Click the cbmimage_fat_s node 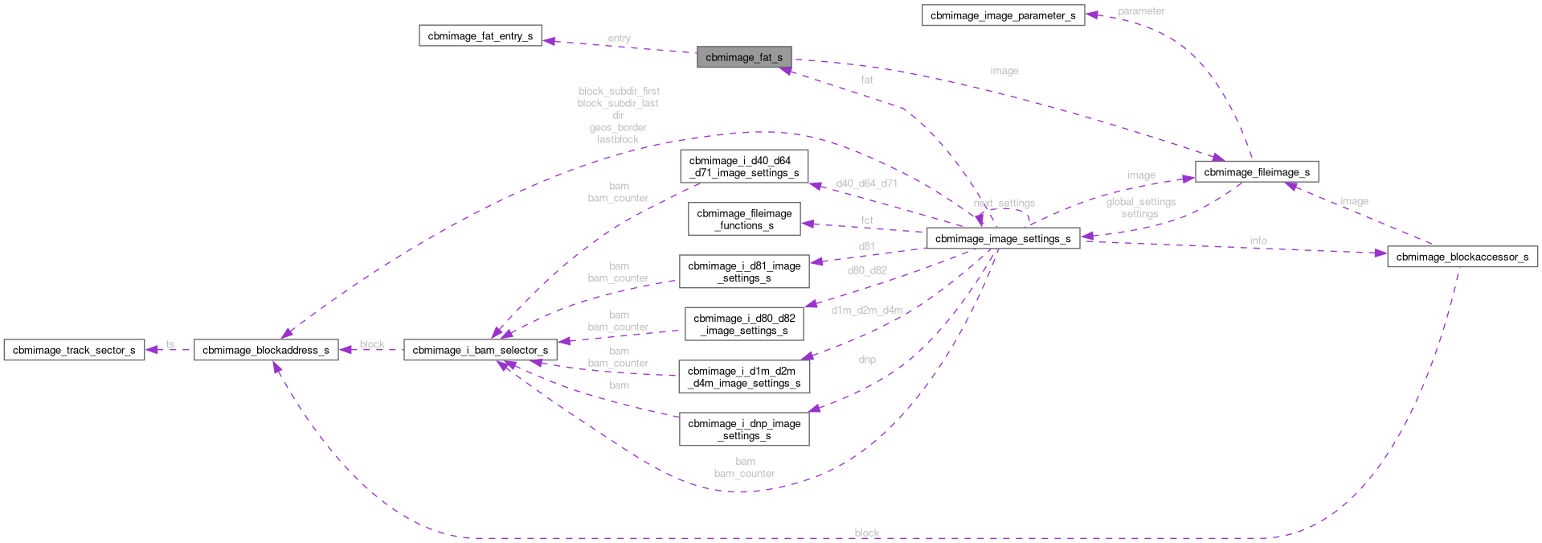click(743, 57)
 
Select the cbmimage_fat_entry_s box click(480, 36)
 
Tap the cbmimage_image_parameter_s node click(1002, 15)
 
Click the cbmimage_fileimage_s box click(1256, 172)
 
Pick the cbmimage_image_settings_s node click(1002, 239)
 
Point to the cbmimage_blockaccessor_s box click(1462, 257)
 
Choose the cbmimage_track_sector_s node click(74, 350)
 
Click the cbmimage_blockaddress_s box click(265, 350)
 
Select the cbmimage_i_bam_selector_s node click(480, 350)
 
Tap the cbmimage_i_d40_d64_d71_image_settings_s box click(743, 167)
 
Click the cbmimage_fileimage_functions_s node click(743, 220)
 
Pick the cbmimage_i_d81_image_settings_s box click(743, 272)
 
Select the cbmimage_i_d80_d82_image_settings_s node click(743, 324)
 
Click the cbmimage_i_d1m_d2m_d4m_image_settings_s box click(743, 377)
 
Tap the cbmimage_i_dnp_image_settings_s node click(743, 430)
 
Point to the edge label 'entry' click(619, 39)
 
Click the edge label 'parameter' click(1140, 11)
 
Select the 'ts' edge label click(170, 345)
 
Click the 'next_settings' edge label click(1004, 204)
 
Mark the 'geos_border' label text click(617, 128)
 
